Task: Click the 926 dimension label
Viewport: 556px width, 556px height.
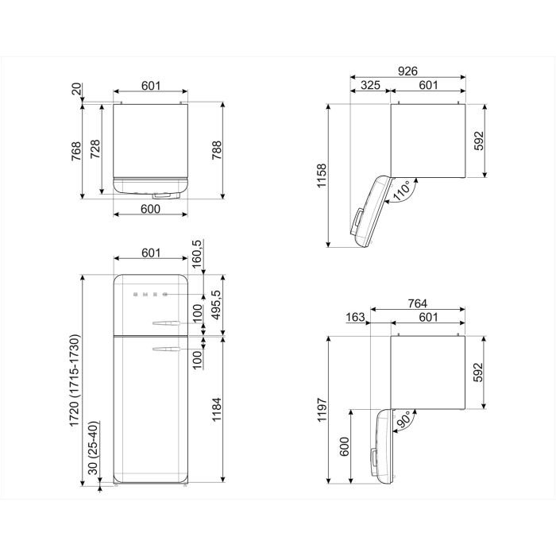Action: pyautogui.click(x=407, y=71)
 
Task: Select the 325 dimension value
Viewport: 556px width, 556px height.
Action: pyautogui.click(x=370, y=85)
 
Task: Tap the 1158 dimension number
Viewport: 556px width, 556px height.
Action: pyautogui.click(x=322, y=176)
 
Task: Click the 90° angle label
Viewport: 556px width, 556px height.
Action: pyautogui.click(x=403, y=419)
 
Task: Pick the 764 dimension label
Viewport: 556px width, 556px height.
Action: pyautogui.click(x=417, y=303)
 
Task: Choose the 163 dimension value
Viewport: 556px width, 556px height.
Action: pyautogui.click(x=355, y=317)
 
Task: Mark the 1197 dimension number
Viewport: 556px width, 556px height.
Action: pyautogui.click(x=322, y=410)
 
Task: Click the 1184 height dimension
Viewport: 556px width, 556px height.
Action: pyautogui.click(x=216, y=410)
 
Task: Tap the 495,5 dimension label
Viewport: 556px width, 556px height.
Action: pyautogui.click(x=216, y=305)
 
